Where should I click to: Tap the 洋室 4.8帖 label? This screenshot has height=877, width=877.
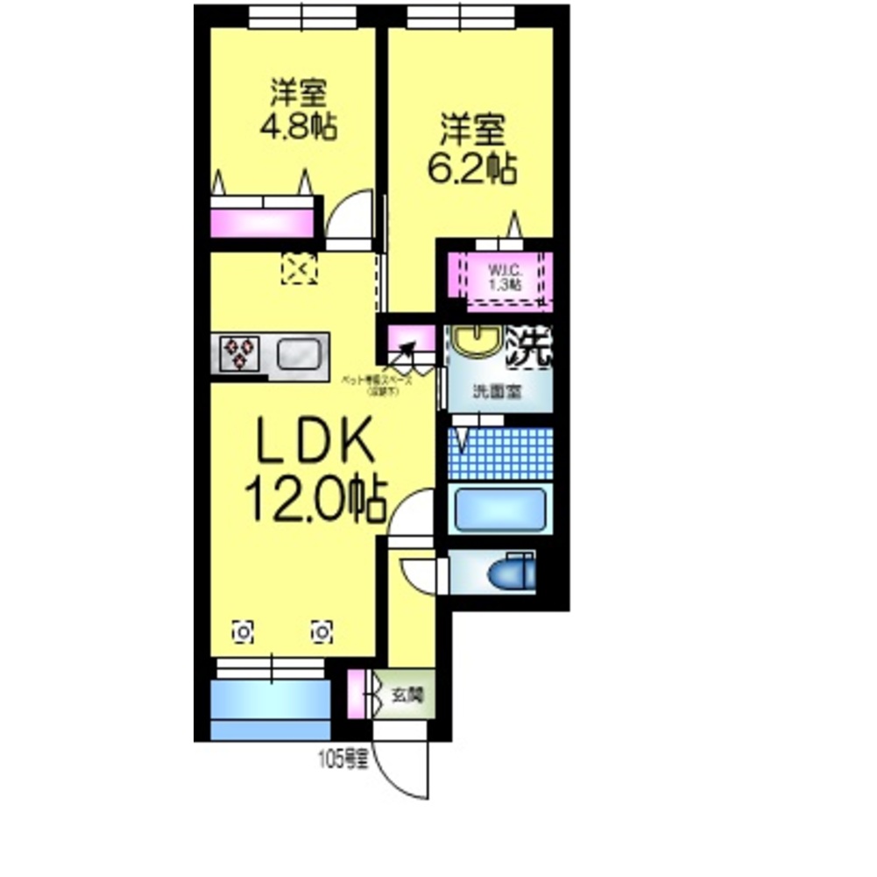click(299, 110)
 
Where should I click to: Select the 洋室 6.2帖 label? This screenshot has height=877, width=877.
click(471, 149)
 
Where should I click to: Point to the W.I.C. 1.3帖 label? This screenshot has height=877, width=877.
click(504, 276)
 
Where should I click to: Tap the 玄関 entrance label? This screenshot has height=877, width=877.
click(407, 696)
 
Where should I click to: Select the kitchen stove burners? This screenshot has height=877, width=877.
click(238, 354)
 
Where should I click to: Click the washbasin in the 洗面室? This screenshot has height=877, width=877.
click(476, 342)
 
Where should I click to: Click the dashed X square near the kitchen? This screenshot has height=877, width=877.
click(301, 268)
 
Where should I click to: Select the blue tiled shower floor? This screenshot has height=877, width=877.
click(500, 453)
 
